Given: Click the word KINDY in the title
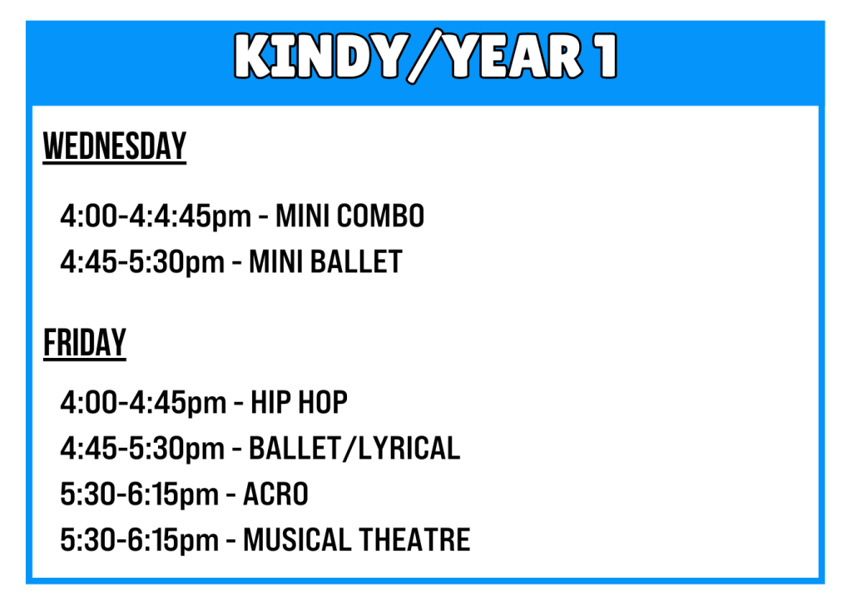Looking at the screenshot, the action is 319,56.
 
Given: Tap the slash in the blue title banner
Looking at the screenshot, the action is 425,56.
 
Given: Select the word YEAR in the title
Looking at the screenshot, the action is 513,56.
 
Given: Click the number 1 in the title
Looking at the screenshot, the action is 605,56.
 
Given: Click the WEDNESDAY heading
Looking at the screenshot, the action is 115,147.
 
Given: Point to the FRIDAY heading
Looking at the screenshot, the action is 85,343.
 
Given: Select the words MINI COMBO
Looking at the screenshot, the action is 350,216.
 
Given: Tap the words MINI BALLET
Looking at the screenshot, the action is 325,261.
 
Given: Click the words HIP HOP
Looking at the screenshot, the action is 299,403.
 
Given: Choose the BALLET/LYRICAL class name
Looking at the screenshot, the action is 354,449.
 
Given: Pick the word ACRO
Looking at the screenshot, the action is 275,494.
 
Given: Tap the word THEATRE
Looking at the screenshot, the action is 414,539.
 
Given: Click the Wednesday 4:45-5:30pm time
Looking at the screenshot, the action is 142,262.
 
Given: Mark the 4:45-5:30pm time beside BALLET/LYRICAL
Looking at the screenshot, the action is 142,450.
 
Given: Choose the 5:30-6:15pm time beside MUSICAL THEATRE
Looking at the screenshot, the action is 139,541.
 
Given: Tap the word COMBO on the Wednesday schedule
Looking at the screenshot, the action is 380,216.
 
